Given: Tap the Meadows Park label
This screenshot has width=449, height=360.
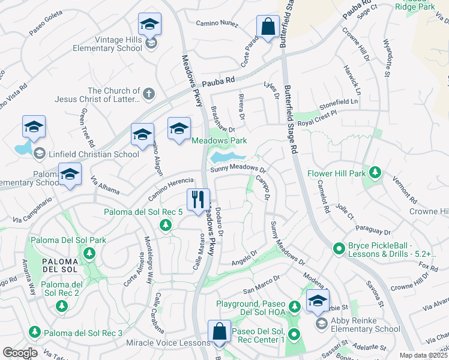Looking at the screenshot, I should pyautogui.click(x=219, y=141).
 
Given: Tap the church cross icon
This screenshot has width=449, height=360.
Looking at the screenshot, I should pyautogui.click(x=149, y=94).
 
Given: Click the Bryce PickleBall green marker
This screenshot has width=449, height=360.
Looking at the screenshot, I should pyautogui.click(x=339, y=247).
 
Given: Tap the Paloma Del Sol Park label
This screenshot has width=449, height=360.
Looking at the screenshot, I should pyautogui.click(x=67, y=240).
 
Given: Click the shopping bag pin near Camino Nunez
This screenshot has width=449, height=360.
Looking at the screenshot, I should pyautogui.click(x=267, y=27).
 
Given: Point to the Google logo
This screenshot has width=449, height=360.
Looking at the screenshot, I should pyautogui.click(x=20, y=353).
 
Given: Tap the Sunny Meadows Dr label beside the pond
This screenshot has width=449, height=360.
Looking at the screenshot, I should pyautogui.click(x=238, y=169).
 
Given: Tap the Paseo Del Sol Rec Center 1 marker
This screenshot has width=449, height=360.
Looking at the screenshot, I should pyautogui.click(x=294, y=334).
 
